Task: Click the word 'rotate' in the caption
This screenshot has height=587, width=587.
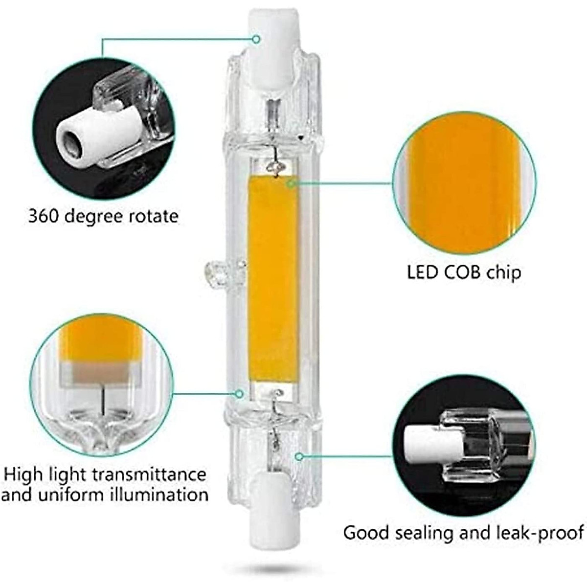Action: (x=153, y=216)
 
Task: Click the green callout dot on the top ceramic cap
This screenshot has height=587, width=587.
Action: (x=256, y=39)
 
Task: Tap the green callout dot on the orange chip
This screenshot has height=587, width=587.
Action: (x=290, y=183)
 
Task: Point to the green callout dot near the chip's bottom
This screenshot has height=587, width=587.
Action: (x=239, y=393)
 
